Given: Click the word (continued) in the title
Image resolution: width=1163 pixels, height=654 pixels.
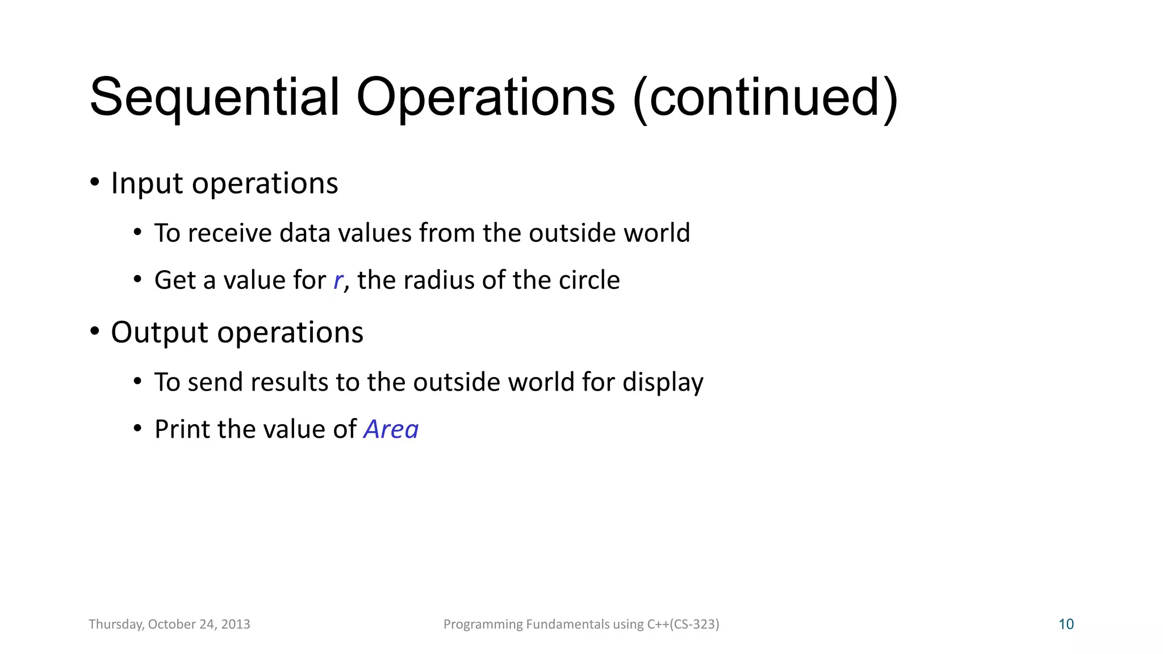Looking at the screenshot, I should pyautogui.click(x=765, y=98).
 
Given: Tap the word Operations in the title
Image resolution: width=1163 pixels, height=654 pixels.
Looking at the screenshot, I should pyautogui.click(x=486, y=98).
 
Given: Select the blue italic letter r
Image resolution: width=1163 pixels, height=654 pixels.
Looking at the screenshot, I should pyautogui.click(x=338, y=280).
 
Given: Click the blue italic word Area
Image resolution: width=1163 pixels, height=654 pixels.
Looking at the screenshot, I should pyautogui.click(x=391, y=429).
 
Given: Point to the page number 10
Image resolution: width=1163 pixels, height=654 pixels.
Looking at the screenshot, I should pyautogui.click(x=1066, y=624).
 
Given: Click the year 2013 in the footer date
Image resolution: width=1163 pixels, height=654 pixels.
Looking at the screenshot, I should pyautogui.click(x=236, y=624).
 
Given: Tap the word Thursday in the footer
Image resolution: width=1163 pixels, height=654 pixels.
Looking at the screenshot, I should pyautogui.click(x=115, y=624).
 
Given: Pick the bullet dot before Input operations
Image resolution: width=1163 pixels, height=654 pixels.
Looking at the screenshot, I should pyautogui.click(x=95, y=182).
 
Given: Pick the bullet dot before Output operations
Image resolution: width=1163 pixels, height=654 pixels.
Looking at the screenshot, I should pyautogui.click(x=95, y=331).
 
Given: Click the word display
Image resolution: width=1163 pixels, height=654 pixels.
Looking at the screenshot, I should pyautogui.click(x=663, y=383).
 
